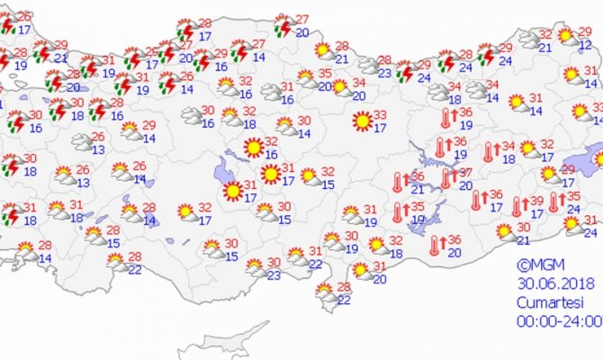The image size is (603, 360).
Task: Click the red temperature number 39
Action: coord(535,201)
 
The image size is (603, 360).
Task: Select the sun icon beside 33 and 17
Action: coord(362,120)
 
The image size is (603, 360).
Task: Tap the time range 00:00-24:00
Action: coord(558,320)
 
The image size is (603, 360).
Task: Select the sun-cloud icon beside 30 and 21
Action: coord(502,232)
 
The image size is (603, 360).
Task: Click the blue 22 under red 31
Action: coord(315,264)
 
